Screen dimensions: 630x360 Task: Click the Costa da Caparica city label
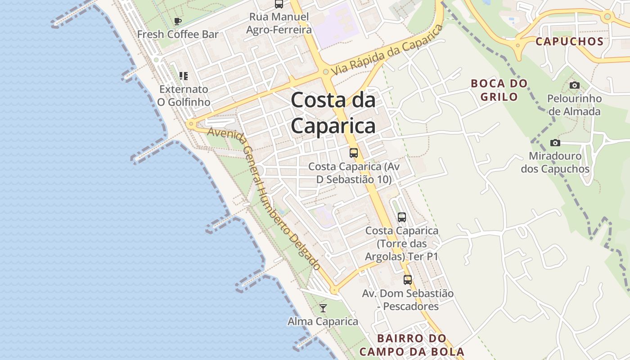point(333,112)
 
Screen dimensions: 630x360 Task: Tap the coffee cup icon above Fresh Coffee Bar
point(178,21)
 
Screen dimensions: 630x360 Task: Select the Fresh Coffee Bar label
point(178,34)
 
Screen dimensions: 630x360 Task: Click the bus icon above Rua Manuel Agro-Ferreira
point(279,4)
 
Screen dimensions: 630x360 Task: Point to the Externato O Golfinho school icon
point(183,76)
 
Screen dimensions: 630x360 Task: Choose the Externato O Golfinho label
point(184,95)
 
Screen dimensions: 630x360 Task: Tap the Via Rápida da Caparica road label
point(387,50)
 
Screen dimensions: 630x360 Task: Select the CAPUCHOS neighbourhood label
point(569,41)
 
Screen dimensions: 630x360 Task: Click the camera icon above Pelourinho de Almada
point(574,85)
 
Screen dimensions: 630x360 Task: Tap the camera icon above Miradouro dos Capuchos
point(555,143)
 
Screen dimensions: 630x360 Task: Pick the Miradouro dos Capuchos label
point(555,162)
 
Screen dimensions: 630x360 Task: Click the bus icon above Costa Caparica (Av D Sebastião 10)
point(354,153)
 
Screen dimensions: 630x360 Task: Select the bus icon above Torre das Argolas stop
point(402,217)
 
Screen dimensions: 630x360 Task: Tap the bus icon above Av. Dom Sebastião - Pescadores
point(408,280)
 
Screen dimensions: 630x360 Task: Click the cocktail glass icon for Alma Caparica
point(323,308)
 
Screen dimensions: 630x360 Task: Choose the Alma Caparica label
point(323,321)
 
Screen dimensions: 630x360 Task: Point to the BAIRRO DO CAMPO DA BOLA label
point(412,345)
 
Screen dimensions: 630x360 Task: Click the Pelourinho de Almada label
point(574,105)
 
